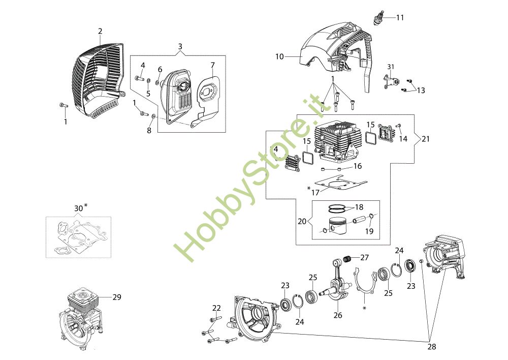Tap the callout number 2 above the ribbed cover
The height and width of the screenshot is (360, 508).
[100, 31]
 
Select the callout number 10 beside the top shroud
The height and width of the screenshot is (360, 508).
[279, 57]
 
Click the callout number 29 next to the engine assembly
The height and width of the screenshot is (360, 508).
[117, 297]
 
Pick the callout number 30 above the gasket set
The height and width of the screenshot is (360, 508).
[78, 208]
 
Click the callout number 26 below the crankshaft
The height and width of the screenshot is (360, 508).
[338, 315]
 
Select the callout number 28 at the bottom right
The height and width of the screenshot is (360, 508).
[431, 347]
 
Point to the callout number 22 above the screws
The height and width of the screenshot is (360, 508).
[216, 308]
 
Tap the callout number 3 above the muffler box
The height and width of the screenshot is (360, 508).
[180, 46]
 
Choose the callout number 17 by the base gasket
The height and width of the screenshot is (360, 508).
[315, 193]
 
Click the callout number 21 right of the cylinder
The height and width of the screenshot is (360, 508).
[425, 139]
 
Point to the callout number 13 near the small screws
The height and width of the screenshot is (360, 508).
[421, 90]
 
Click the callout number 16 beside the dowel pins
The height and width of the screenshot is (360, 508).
[357, 166]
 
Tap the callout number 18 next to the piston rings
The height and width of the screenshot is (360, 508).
[359, 207]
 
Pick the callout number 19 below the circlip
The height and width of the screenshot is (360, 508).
[369, 231]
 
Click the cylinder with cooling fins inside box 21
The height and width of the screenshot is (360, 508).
[339, 143]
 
